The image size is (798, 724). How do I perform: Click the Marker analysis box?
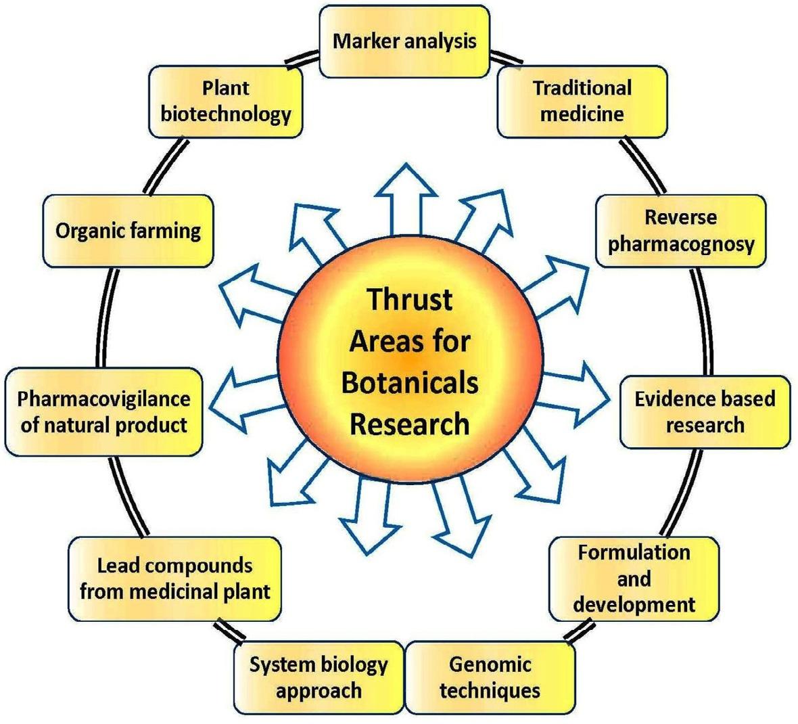point(404,41)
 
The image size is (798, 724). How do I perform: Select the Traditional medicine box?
point(582,101)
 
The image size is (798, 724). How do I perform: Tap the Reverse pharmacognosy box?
point(680,231)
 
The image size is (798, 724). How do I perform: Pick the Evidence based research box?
point(705,411)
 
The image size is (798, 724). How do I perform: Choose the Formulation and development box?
point(634,578)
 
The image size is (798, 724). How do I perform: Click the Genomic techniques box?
point(490,677)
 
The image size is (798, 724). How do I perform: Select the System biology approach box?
point(319,677)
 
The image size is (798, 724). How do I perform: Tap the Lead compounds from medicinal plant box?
point(174,579)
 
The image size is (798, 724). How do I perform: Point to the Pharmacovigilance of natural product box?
point(103,411)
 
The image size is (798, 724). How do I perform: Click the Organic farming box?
point(128,231)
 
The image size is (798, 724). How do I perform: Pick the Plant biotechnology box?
point(225,101)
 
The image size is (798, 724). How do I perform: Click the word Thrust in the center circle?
point(409,298)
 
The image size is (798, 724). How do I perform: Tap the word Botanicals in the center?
point(410,382)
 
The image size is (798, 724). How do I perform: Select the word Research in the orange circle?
point(410,424)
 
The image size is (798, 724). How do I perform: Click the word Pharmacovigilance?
point(103,399)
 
